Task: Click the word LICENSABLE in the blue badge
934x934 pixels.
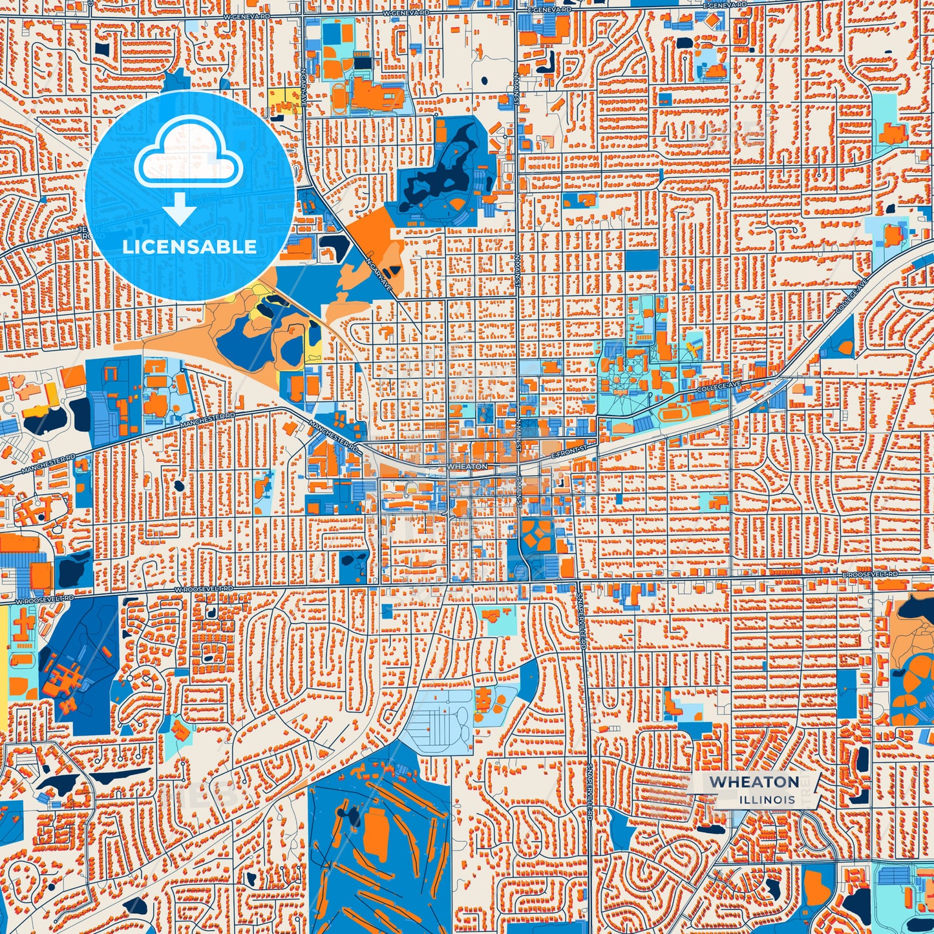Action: [189, 247]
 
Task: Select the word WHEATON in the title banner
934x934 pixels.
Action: [754, 781]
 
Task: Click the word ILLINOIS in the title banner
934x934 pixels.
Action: [768, 800]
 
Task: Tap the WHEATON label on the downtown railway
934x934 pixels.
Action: [467, 466]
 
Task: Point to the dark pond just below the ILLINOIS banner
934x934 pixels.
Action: [713, 828]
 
